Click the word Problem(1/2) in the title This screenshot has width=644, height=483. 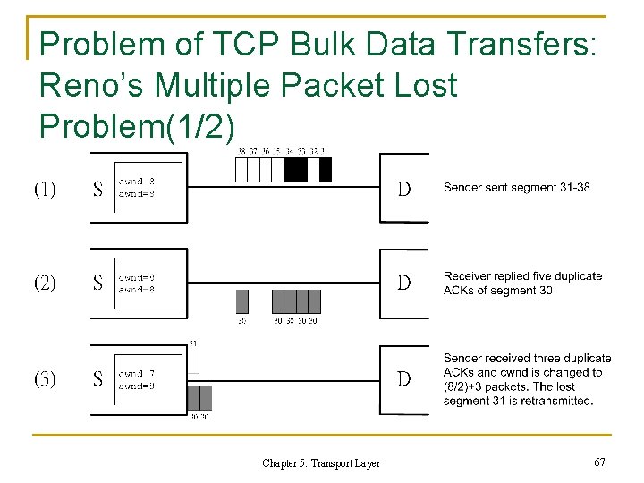[138, 126]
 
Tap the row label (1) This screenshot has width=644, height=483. [45, 190]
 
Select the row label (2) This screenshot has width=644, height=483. [45, 284]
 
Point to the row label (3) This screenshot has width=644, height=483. [45, 378]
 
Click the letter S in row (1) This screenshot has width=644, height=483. [97, 190]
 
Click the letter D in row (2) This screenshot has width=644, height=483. [404, 284]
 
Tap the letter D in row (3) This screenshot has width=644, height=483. [404, 378]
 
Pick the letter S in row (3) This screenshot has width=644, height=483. [97, 378]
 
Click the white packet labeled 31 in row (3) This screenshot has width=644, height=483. [193, 360]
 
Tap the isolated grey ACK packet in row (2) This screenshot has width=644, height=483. [241, 301]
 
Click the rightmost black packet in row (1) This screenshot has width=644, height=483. [325, 169]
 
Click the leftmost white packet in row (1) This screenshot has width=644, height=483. [240, 169]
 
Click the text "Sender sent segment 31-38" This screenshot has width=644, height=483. [516, 187]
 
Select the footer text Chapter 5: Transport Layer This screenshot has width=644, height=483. [320, 463]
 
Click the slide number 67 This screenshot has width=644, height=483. [599, 462]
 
